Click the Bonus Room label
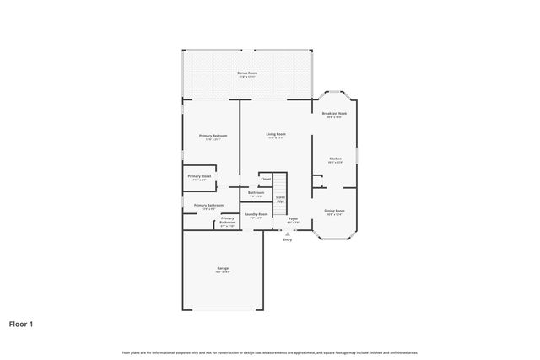247,73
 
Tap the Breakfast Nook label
334,113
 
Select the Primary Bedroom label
213,136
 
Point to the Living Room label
276,134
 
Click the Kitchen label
334,159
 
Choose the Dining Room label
334,211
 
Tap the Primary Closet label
199,176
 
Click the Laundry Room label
256,214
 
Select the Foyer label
293,219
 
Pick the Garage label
223,268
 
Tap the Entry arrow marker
288,234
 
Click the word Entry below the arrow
288,240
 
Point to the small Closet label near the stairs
265,179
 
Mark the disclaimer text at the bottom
270,352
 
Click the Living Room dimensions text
276,138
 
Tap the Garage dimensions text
223,272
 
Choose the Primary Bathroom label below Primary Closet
208,205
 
